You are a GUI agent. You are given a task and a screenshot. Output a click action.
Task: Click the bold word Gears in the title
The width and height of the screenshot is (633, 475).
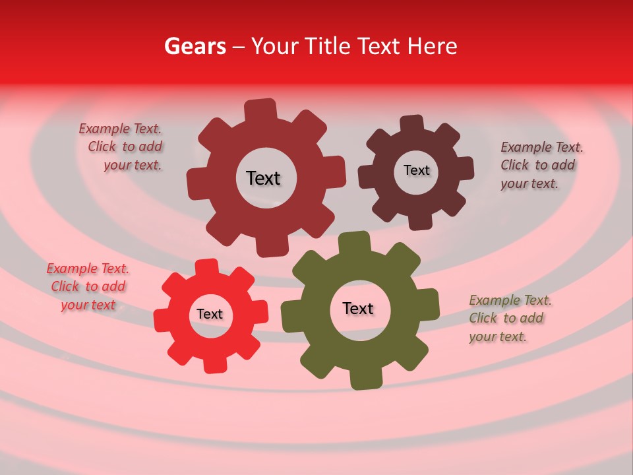[x=195, y=46]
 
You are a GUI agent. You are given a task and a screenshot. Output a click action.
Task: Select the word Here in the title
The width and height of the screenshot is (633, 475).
[x=433, y=46]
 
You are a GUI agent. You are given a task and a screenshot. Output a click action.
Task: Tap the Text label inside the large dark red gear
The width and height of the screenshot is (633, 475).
[x=263, y=178]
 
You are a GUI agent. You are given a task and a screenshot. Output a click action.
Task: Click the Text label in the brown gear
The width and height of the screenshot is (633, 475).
[x=416, y=170]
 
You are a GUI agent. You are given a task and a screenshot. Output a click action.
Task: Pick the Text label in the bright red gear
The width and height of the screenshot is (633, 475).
[x=210, y=315]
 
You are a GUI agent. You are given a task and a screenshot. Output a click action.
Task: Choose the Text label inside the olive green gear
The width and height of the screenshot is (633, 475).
[x=358, y=308]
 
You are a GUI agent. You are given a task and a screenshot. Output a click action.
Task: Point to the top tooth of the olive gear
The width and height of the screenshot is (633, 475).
[x=354, y=242]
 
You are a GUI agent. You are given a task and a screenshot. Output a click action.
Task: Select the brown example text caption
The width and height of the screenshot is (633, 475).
[x=541, y=165]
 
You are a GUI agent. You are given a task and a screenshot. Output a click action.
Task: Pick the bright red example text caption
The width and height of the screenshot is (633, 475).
[x=87, y=286]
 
